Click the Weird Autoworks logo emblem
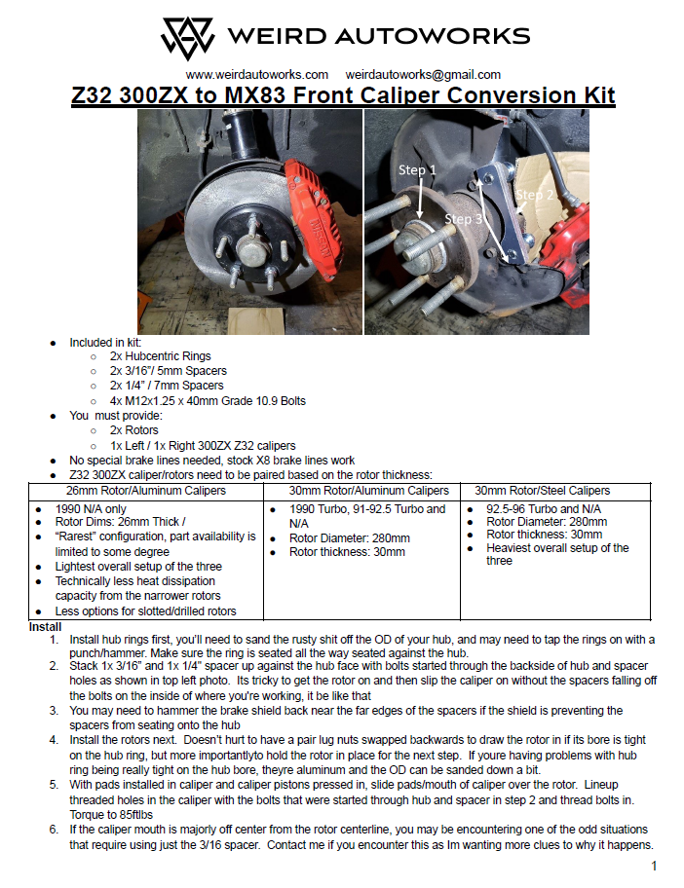(x=187, y=37)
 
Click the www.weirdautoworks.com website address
(x=256, y=74)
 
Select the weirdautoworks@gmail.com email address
(x=423, y=74)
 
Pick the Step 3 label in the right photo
(x=464, y=219)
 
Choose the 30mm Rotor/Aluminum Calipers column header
(x=368, y=490)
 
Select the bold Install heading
(x=46, y=626)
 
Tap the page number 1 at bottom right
(x=655, y=866)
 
